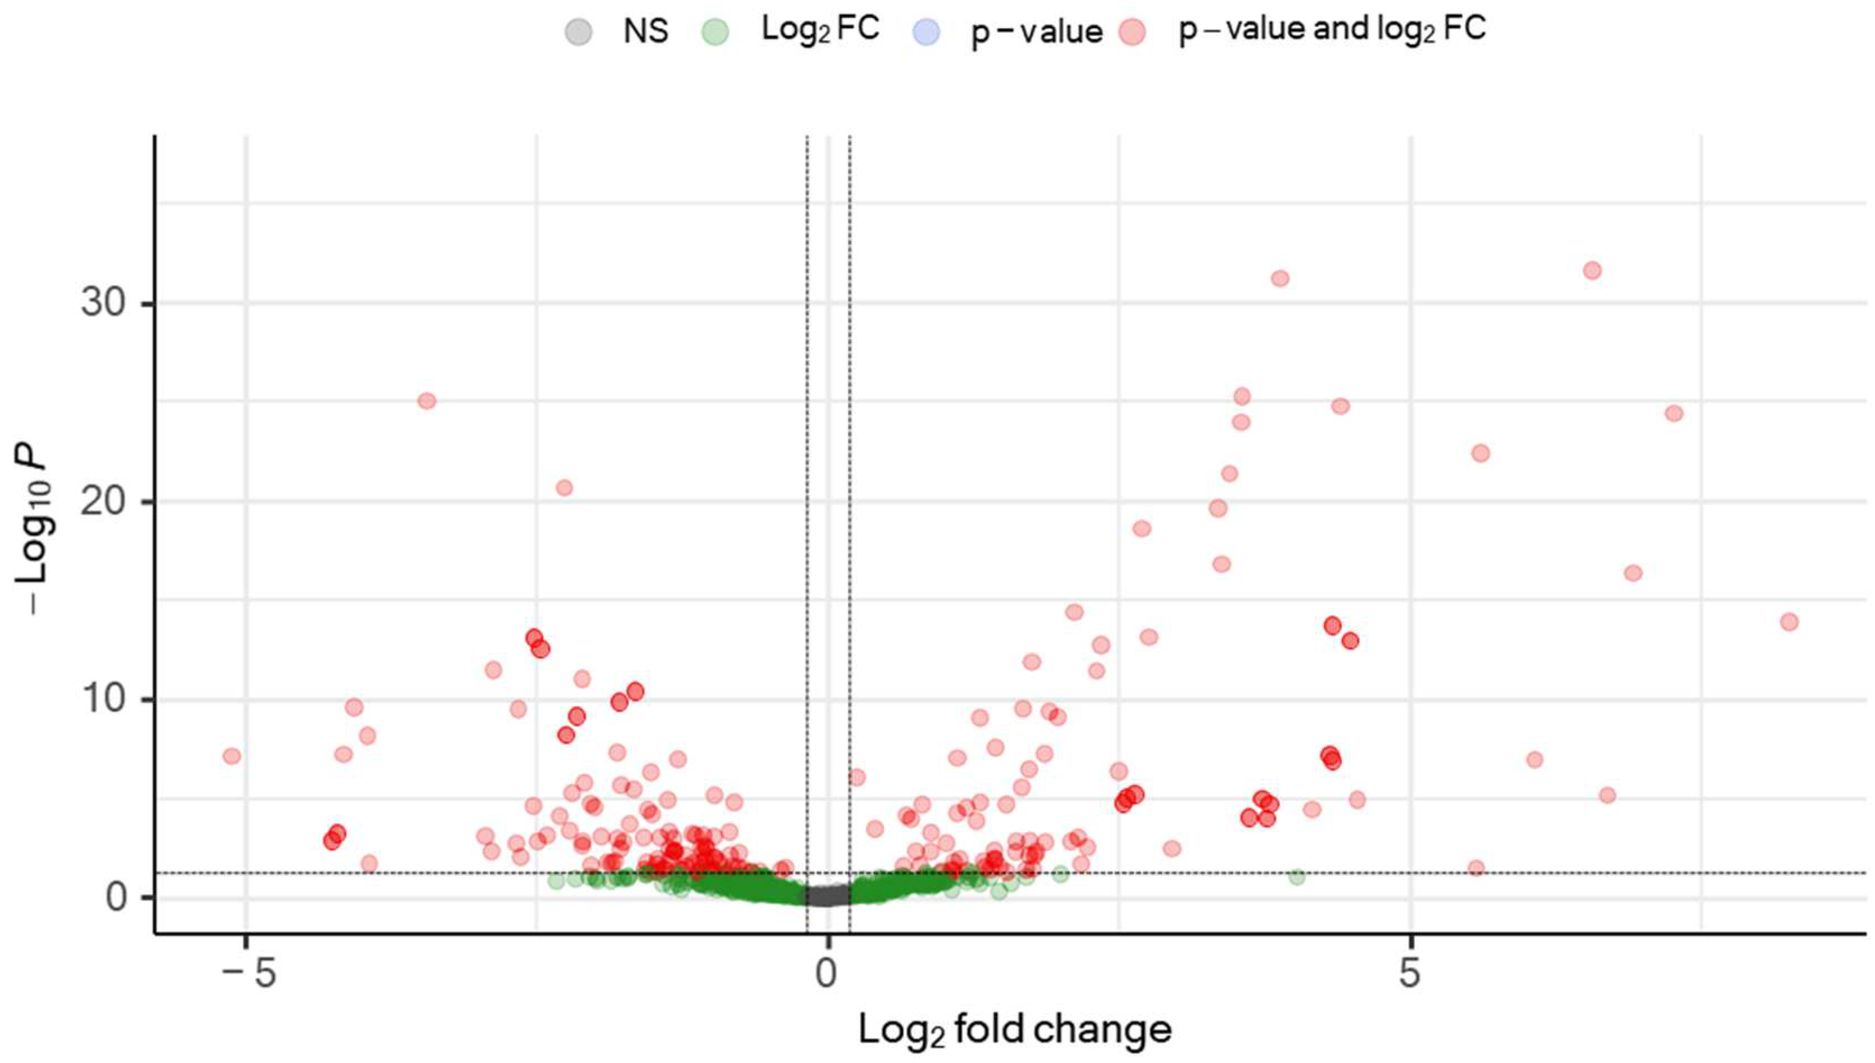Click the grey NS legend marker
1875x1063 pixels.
[579, 32]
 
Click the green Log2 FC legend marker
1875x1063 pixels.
[715, 32]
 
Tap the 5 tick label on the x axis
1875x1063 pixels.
[1410, 974]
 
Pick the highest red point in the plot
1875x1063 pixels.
[1592, 271]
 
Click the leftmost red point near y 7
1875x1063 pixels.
[232, 756]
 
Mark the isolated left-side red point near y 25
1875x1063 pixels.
[427, 401]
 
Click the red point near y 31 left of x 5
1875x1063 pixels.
[1280, 278]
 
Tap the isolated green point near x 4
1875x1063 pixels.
[1296, 877]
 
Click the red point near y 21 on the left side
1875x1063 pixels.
[564, 487]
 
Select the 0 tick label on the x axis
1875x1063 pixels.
[826, 974]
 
